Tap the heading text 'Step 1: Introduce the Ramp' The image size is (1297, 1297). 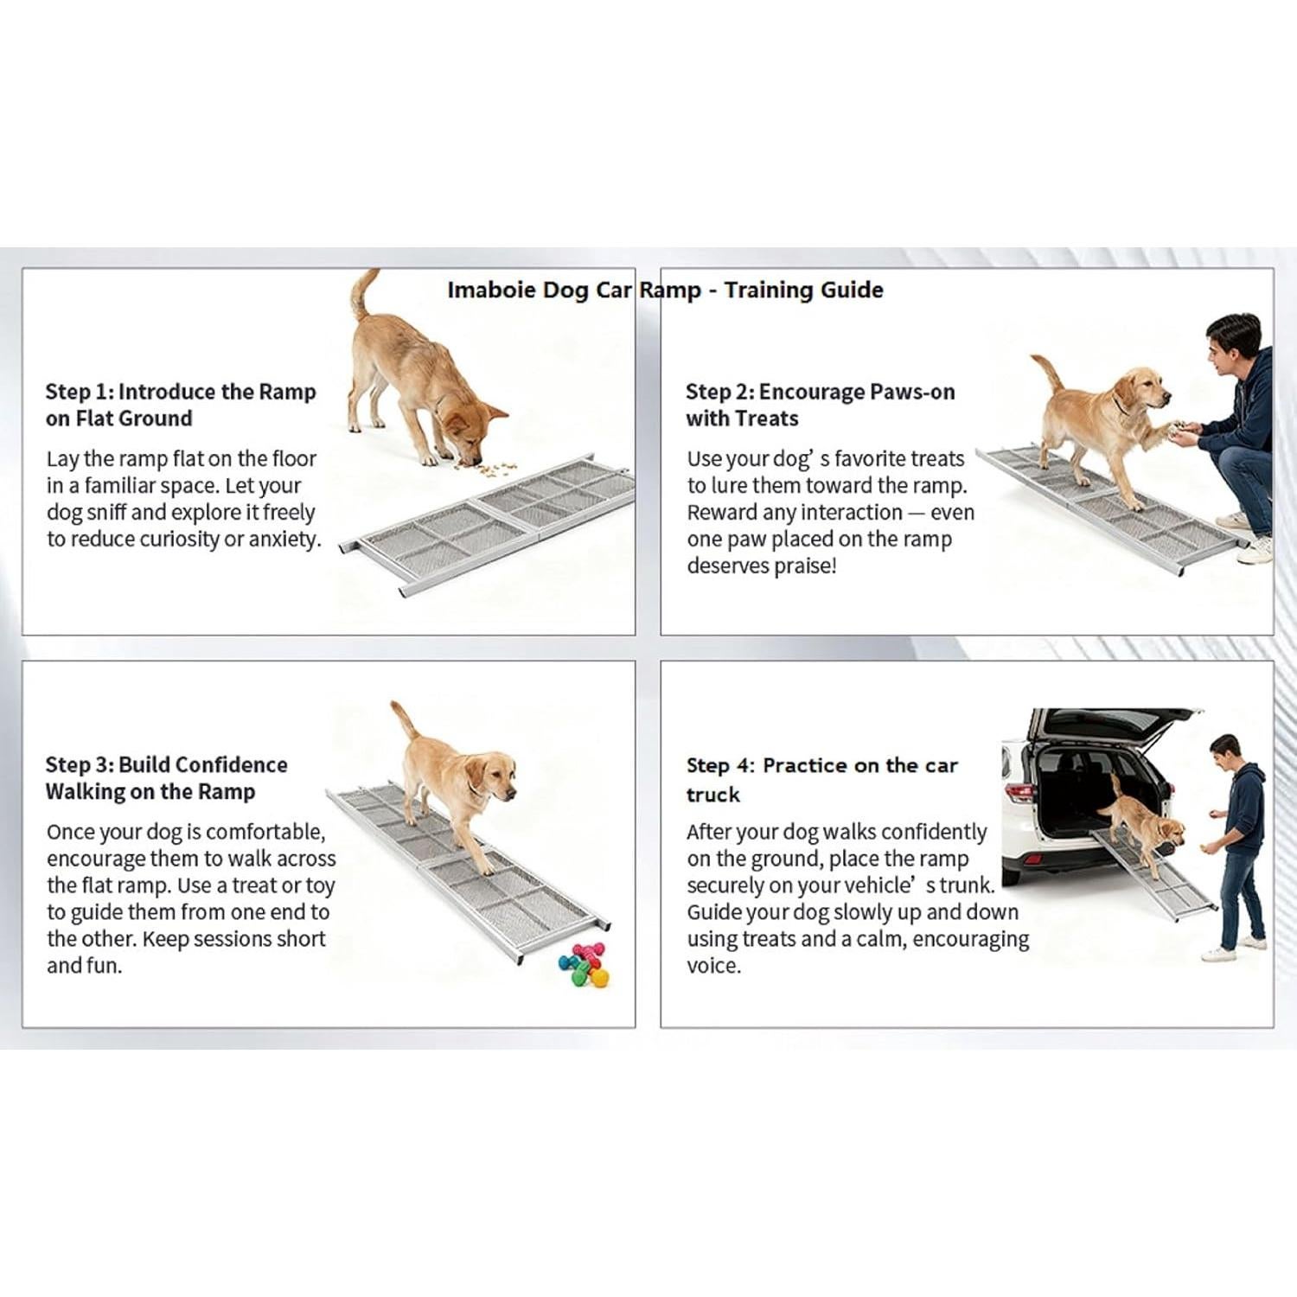181,392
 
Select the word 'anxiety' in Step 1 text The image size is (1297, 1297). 284,540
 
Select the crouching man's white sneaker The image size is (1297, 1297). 1254,550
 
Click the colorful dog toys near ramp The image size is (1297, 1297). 585,964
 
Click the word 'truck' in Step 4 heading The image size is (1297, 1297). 713,795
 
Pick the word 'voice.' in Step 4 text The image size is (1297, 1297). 714,966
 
